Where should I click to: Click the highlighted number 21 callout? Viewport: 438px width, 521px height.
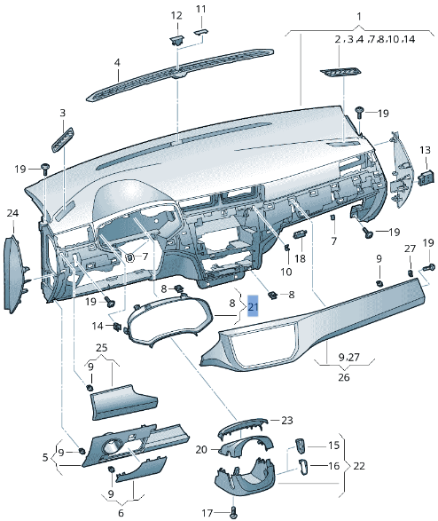[x=253, y=308]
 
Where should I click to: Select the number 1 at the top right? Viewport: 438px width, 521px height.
[x=358, y=17]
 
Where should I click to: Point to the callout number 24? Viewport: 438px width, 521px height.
[x=12, y=213]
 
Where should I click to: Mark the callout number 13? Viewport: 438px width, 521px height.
[x=425, y=150]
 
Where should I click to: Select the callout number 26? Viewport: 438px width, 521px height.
[x=343, y=375]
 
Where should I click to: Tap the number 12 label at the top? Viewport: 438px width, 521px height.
[x=176, y=15]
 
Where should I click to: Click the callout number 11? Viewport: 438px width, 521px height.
[x=200, y=9]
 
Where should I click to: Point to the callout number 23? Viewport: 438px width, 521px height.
[x=286, y=420]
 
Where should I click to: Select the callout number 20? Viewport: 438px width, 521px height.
[x=201, y=449]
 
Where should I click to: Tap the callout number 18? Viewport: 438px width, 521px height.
[x=299, y=260]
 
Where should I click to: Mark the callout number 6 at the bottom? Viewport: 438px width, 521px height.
[x=121, y=511]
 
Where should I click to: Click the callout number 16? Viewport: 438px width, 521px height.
[x=334, y=464]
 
